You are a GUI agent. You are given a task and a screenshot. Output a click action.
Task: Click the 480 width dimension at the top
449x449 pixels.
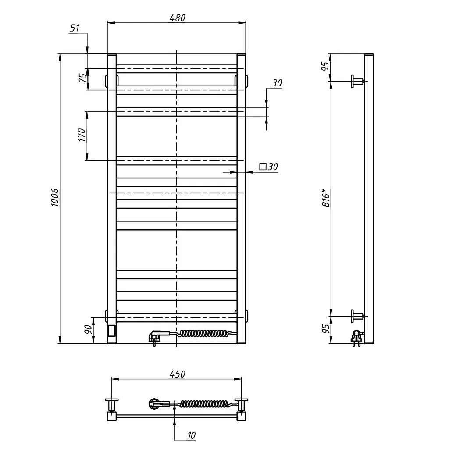(x=177, y=18)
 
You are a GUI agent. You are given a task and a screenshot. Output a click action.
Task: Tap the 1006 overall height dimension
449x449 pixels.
(x=55, y=197)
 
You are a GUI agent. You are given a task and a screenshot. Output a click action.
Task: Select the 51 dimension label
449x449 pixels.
(x=75, y=28)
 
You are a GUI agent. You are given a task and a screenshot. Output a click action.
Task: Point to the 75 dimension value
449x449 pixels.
(x=82, y=78)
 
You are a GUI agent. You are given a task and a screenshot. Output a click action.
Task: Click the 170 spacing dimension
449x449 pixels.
(x=82, y=135)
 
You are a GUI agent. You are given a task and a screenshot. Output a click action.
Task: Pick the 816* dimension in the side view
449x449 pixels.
(x=326, y=198)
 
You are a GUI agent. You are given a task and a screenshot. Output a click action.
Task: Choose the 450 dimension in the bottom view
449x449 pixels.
(x=177, y=374)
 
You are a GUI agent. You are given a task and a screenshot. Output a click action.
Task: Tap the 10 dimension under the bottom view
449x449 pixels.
(x=191, y=435)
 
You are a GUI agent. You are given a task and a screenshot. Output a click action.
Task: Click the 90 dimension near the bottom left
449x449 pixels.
(x=88, y=330)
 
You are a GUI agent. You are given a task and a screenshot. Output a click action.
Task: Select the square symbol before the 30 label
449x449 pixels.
(x=263, y=167)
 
